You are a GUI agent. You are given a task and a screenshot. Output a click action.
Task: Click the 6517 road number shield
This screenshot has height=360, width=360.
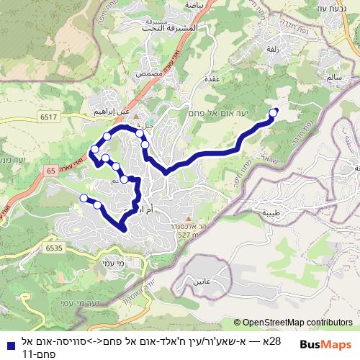point(49,116)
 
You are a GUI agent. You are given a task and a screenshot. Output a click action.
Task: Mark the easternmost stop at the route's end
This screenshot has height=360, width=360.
point(274,112)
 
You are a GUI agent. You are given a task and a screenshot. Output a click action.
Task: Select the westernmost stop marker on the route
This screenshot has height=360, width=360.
point(84,198)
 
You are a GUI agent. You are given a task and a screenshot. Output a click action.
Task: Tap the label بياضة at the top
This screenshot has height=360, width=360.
point(194,4)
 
